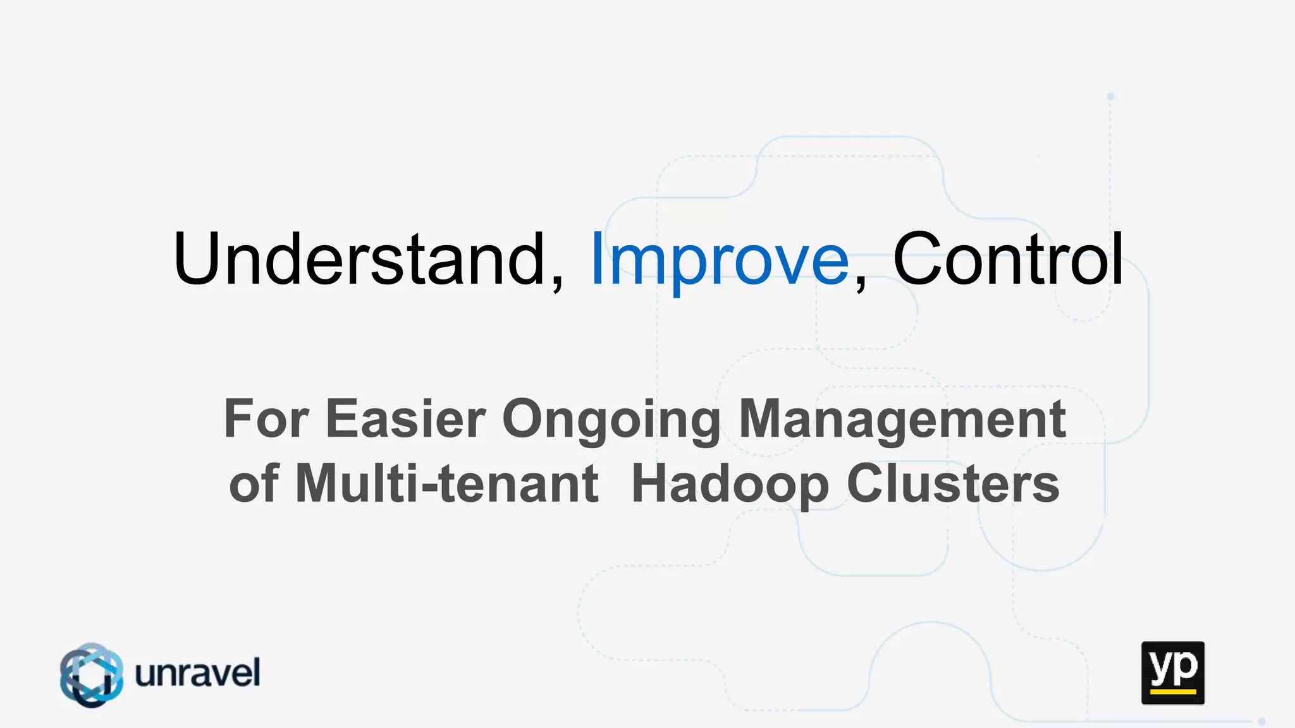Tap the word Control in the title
click(1008, 259)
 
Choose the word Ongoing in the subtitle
click(611, 421)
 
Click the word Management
click(902, 420)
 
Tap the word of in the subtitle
click(254, 483)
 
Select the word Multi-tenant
click(446, 483)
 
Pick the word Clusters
click(953, 483)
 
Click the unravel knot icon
click(92, 674)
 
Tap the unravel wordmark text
click(197, 673)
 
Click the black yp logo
click(1172, 672)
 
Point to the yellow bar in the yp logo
click(1172, 691)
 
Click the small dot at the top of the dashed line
click(1110, 97)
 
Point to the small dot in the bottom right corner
click(1261, 721)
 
